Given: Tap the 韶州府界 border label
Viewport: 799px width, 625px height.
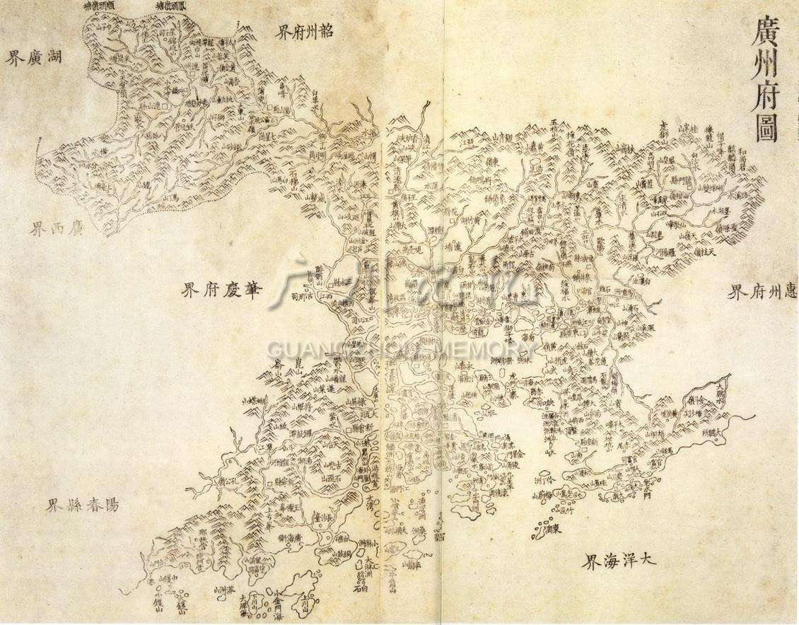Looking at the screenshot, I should pos(305,32).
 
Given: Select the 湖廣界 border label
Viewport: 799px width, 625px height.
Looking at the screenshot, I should pos(35,58).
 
